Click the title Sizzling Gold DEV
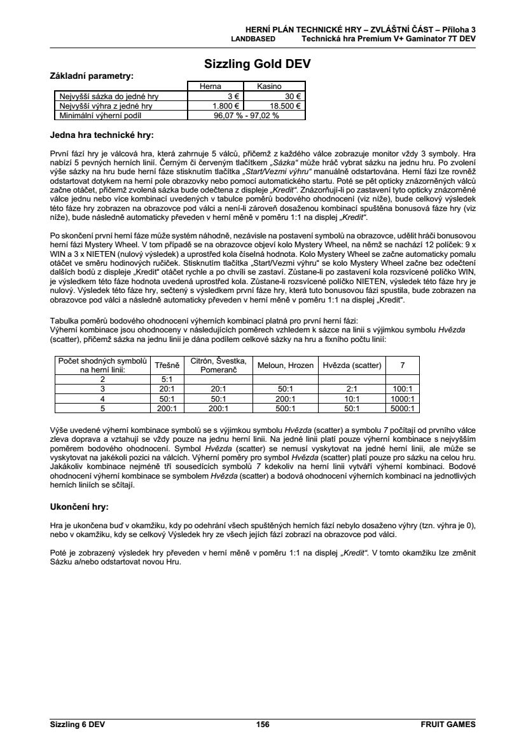coord(258,65)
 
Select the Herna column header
coord(210,86)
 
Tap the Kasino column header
coord(269,86)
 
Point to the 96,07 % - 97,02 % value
coord(246,116)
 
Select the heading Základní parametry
coord(92,76)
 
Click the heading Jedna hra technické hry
coord(102,135)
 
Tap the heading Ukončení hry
coord(79,507)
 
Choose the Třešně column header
coord(168,365)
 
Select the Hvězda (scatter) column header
coord(352,365)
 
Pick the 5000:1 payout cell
coord(403,409)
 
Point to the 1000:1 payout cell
coord(403,399)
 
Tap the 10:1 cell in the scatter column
coord(352,399)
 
